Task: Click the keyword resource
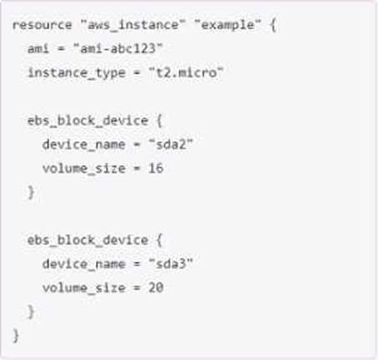42,25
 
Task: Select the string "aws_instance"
133,25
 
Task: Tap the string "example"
227,25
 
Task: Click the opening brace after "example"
273,25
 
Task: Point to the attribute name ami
38,48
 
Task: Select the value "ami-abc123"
118,48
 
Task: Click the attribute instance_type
77,73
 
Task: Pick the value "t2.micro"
186,73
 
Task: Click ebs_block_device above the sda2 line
88,121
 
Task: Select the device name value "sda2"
171,145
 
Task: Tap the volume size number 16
156,169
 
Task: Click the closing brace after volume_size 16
31,192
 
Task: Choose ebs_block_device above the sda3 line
88,241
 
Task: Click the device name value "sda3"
171,264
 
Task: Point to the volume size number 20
156,288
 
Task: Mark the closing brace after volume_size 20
31,312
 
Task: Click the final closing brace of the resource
16,336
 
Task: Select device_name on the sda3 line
83,264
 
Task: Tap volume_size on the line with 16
83,169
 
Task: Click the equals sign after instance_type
137,73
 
